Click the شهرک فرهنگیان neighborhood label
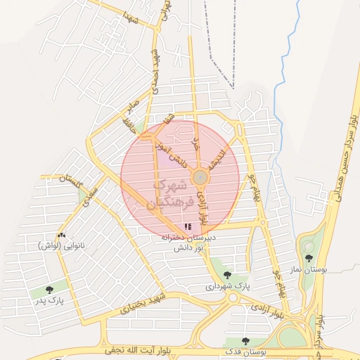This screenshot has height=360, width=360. point(167,195)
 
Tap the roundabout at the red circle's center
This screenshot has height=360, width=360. point(200,176)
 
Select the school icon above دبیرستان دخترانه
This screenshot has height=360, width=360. point(187,227)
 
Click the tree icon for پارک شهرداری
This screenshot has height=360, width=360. point(226,275)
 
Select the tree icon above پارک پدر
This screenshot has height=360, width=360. point(49,289)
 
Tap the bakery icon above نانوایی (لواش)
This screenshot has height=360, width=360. point(61,236)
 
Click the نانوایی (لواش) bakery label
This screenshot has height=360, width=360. point(61,246)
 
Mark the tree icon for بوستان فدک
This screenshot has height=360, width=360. point(245,341)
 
